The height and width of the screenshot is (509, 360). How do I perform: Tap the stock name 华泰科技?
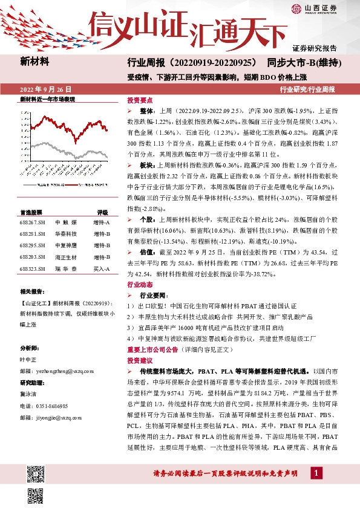point(65,234)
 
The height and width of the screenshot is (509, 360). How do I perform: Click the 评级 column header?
point(102,212)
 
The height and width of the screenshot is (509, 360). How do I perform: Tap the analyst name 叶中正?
point(29,358)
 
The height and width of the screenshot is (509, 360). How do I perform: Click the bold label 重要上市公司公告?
point(152,349)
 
